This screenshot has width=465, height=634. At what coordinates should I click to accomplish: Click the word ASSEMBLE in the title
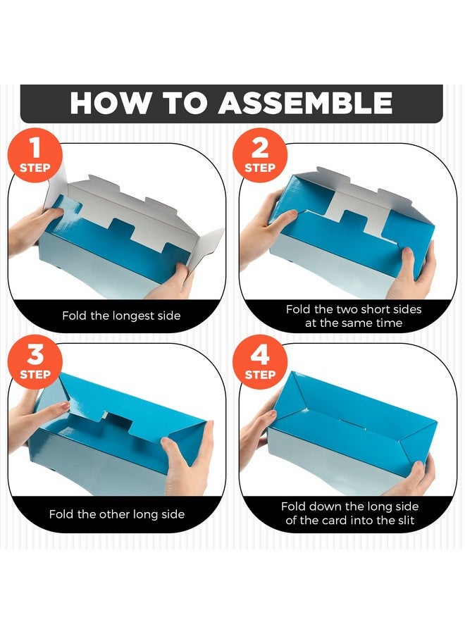(x=306, y=103)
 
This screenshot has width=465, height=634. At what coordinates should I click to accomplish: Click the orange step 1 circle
(x=35, y=155)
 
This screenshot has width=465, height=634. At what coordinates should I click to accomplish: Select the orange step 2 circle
(x=259, y=155)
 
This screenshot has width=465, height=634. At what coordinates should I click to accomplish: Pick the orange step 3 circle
(x=35, y=361)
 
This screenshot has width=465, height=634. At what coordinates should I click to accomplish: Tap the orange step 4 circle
(x=259, y=361)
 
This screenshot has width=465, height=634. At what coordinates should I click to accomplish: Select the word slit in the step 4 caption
(x=405, y=520)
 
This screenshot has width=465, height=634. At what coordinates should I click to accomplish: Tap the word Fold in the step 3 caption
(x=61, y=514)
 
